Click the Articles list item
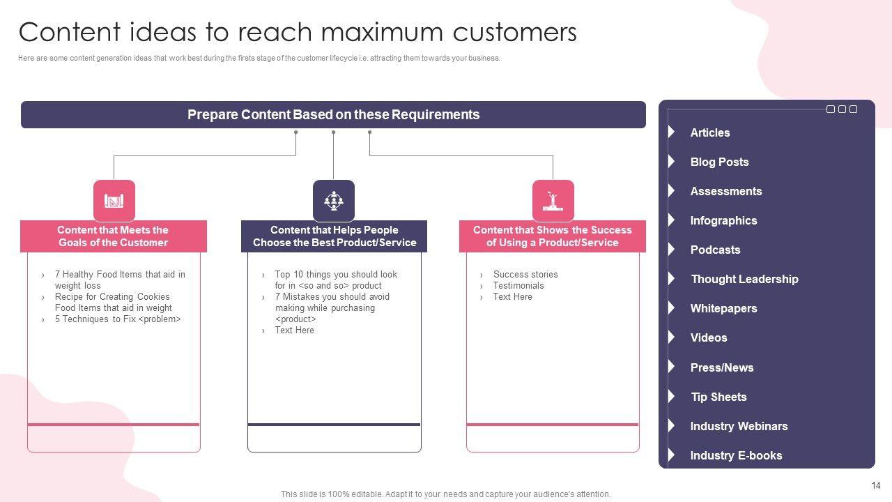coord(709,132)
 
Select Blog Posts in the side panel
coord(719,162)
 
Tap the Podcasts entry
coord(715,250)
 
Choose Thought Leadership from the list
coord(744,279)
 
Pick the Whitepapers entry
coord(723,308)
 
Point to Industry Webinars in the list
coord(739,426)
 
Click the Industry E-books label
coord(736,455)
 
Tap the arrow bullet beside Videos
coord(671,337)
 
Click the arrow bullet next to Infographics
coord(671,220)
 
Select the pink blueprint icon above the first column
coord(114,200)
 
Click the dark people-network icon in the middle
coord(334,200)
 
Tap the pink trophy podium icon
coord(553,200)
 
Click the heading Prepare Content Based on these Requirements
coord(333,115)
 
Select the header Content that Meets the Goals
coord(113,236)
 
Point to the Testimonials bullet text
coord(518,286)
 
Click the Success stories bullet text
coord(525,275)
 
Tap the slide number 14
coord(876,485)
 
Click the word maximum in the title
coord(382,32)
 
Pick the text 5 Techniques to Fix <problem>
coord(118,319)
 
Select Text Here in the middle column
coord(294,330)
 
